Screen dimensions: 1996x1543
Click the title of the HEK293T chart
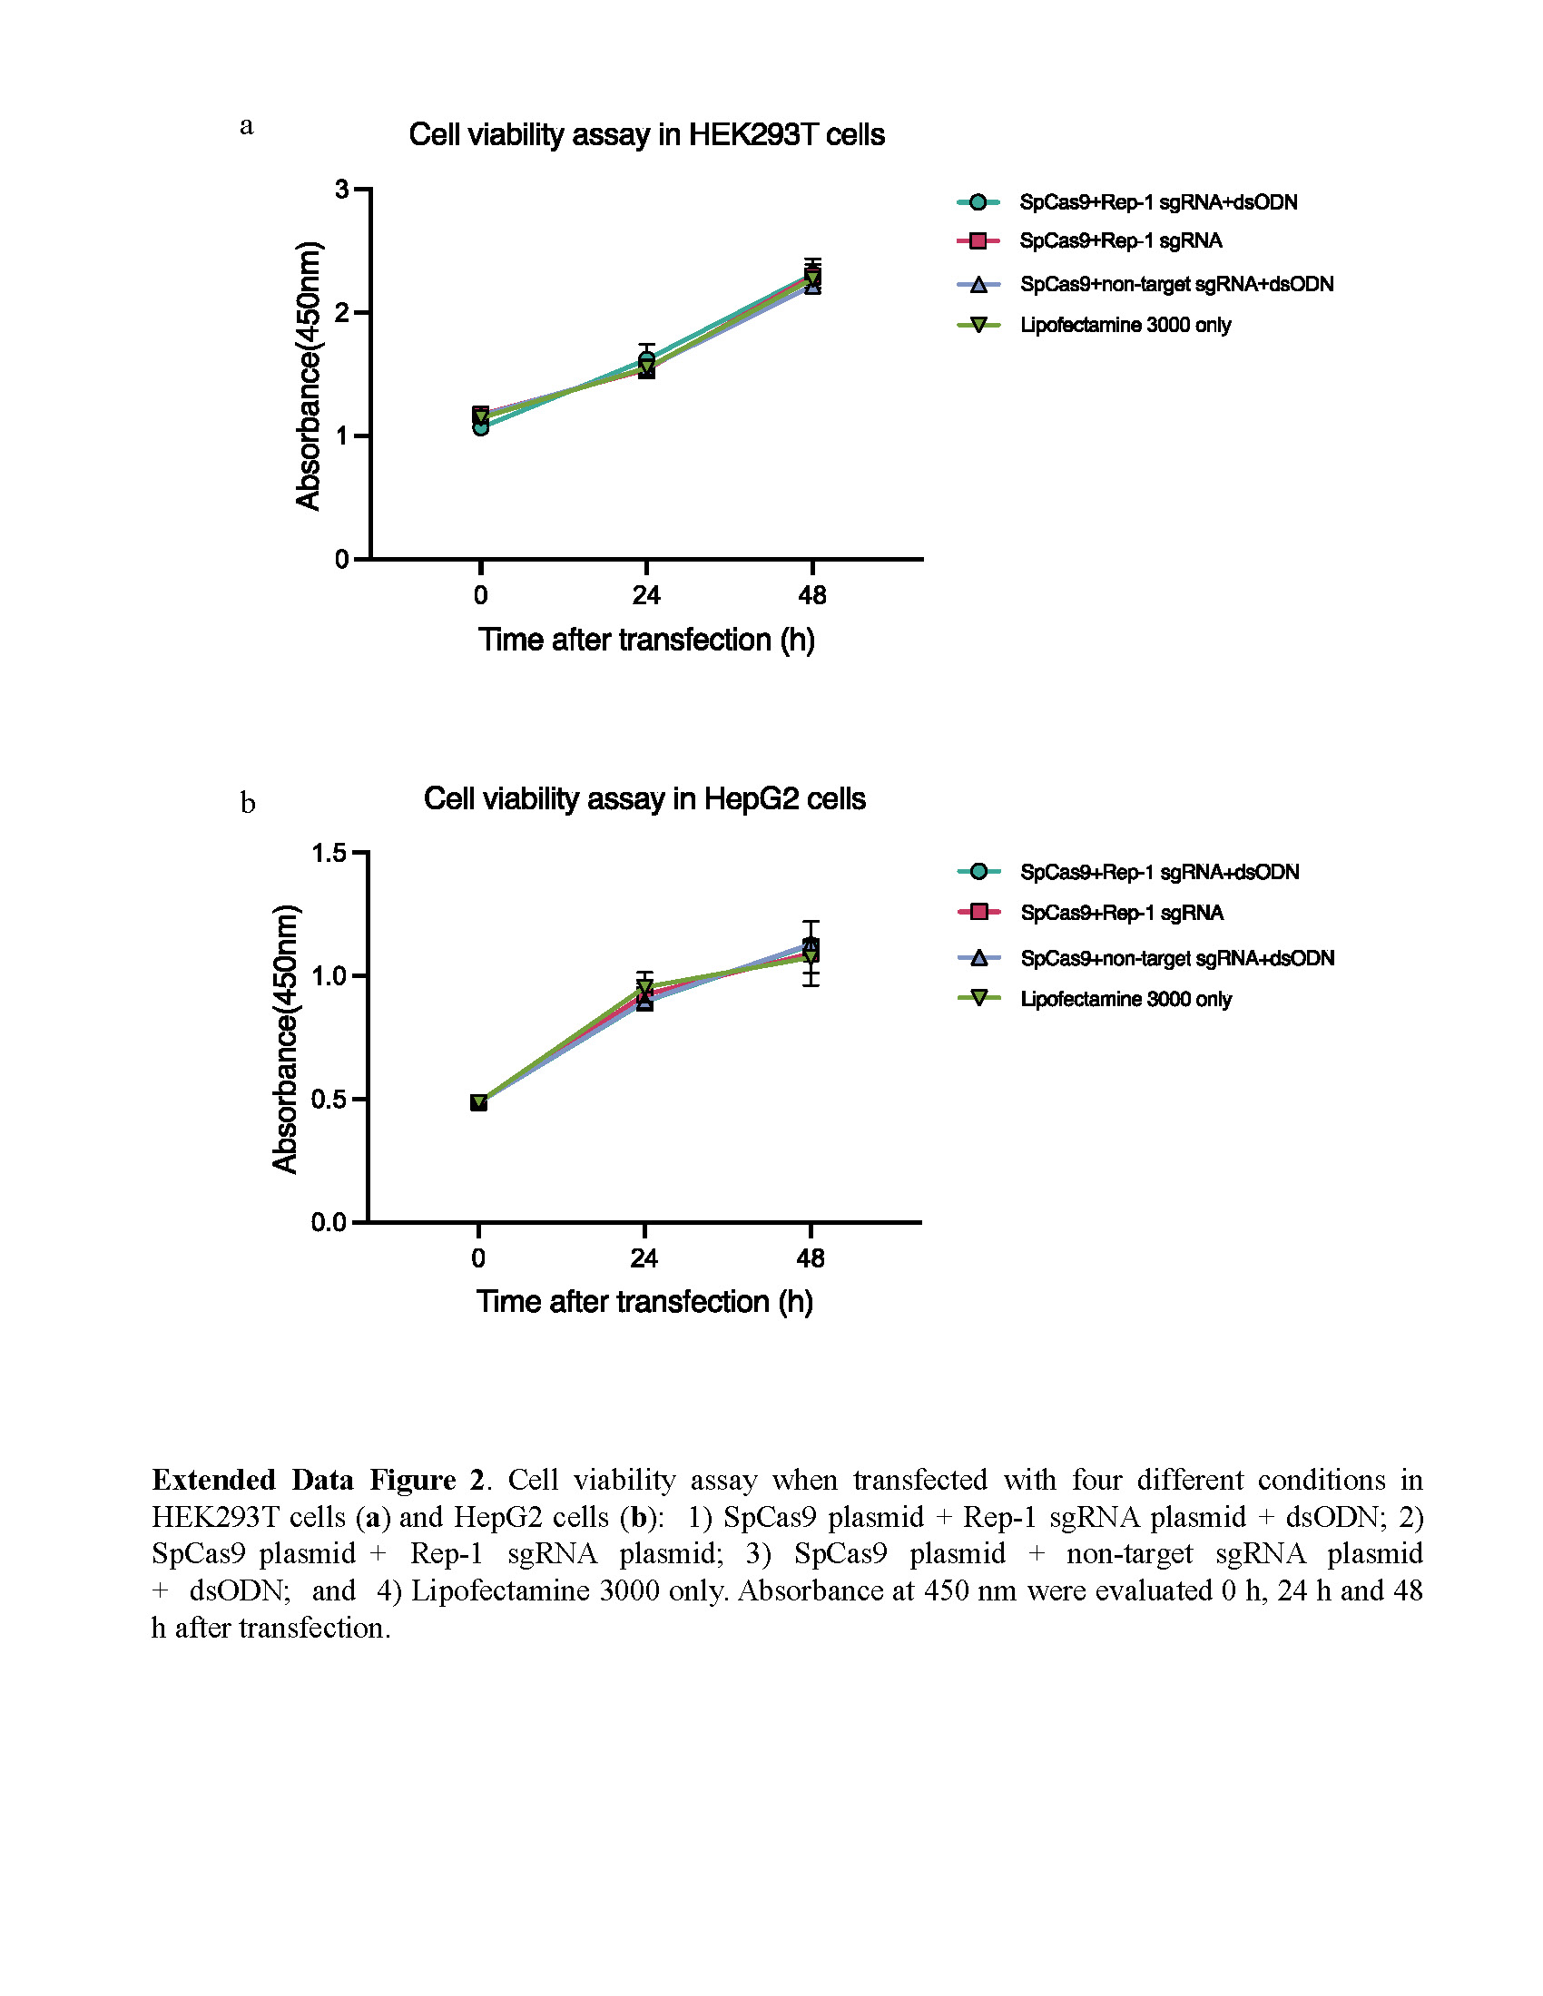coord(646,135)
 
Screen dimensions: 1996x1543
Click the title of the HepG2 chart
coord(644,798)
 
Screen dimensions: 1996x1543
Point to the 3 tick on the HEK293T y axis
coord(343,190)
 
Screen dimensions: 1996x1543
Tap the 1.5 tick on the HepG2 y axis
coord(329,853)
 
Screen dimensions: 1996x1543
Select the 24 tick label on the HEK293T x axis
coord(646,596)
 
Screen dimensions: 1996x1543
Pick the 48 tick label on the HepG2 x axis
coord(811,1259)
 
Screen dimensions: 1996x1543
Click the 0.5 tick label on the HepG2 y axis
coord(329,1100)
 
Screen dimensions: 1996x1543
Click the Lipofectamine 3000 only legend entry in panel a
coord(1125,326)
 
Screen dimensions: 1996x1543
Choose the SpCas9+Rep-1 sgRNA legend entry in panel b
coord(1122,913)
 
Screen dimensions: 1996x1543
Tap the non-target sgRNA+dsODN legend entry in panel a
coord(1176,284)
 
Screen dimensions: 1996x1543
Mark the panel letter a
coord(247,126)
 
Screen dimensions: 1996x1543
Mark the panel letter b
coord(248,803)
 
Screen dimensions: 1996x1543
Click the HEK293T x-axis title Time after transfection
coord(646,640)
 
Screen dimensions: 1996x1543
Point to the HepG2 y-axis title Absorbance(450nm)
coord(285,1038)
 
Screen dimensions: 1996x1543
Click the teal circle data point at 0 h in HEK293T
coord(481,426)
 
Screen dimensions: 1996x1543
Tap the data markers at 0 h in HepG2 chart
coord(478,1102)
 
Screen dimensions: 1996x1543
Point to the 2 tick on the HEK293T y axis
coord(343,313)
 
